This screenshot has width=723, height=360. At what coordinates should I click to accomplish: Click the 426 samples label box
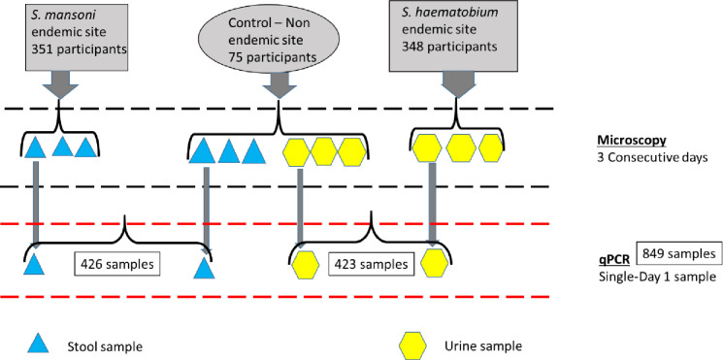pyautogui.click(x=117, y=264)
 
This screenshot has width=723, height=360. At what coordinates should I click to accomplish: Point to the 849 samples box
pyautogui.click(x=678, y=254)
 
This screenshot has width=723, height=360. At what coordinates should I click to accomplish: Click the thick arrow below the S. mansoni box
pyautogui.click(x=60, y=84)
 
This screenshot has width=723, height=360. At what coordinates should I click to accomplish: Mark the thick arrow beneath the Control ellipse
pyautogui.click(x=279, y=84)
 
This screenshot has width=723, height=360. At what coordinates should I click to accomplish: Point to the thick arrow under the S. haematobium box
pyautogui.click(x=457, y=84)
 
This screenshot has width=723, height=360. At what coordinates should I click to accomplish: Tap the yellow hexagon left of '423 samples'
pyautogui.click(x=305, y=265)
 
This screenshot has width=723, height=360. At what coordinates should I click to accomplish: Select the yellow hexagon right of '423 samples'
pyautogui.click(x=435, y=263)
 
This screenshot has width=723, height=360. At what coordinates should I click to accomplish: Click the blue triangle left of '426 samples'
pyautogui.click(x=34, y=265)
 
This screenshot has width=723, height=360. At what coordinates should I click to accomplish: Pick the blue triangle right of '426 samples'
pyautogui.click(x=204, y=268)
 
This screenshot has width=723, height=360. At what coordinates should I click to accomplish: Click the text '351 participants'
pyautogui.click(x=78, y=49)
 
